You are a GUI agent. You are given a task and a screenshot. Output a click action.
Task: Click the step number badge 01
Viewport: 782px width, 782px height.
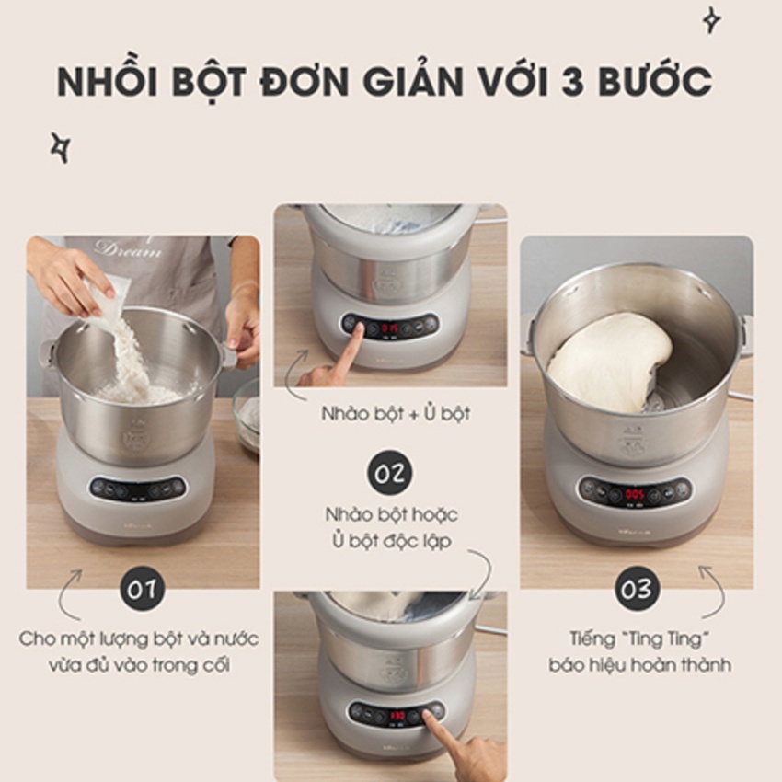142,589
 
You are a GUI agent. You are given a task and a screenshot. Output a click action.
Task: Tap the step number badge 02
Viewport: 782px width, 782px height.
389,472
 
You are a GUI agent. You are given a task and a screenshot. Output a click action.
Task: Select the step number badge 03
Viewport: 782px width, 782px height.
637,589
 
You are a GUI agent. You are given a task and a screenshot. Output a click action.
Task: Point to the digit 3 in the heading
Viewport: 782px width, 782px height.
576,81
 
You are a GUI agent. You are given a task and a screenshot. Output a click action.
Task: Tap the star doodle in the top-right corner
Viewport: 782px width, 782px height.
711,20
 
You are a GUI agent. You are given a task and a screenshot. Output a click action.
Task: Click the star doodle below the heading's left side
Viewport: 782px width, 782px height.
61,147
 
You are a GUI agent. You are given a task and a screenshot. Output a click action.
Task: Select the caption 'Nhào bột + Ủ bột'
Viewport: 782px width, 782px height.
395,413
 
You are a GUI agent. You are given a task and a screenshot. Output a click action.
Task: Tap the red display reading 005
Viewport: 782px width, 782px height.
635,494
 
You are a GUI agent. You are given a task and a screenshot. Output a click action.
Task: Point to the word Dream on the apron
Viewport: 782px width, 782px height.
128,249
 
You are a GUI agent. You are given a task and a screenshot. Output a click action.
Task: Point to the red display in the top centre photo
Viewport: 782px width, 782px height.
390,328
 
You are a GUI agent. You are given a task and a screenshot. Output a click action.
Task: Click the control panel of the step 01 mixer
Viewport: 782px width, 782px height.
138,488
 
